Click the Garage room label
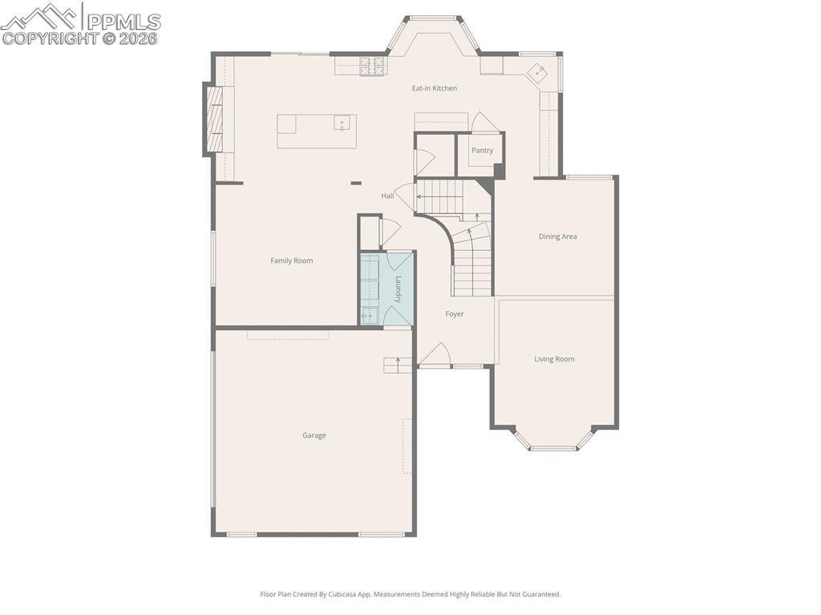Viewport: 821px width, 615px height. click(x=313, y=435)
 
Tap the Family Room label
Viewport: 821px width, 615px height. click(x=291, y=261)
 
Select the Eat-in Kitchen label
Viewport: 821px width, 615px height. click(x=434, y=88)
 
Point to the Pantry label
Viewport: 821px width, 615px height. click(x=482, y=151)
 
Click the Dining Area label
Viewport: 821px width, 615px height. click(x=557, y=237)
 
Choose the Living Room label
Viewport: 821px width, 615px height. click(x=554, y=359)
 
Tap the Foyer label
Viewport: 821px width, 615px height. click(x=455, y=314)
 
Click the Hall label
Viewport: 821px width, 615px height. click(x=387, y=196)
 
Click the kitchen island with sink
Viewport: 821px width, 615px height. click(x=317, y=131)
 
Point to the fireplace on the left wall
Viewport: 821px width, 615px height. click(x=215, y=119)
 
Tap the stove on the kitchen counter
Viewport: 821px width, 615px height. click(x=372, y=67)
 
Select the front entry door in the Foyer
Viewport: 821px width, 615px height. click(x=435, y=357)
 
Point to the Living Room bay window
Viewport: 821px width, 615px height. click(x=553, y=443)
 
